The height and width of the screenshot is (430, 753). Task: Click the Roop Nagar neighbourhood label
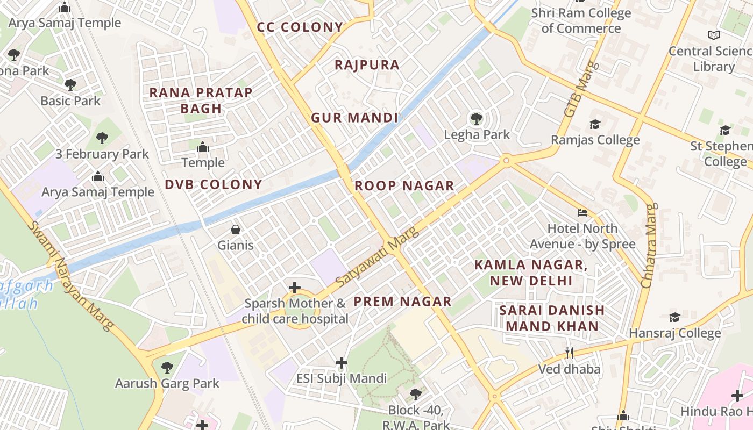[x=404, y=186]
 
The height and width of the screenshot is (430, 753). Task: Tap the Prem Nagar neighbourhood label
[x=402, y=302]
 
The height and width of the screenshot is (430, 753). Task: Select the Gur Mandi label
[x=354, y=118]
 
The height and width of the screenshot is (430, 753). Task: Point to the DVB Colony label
[x=214, y=184]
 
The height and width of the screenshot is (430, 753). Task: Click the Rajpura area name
[x=367, y=65]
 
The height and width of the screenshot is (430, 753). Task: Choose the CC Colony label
[x=300, y=27]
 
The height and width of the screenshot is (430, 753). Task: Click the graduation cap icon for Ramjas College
[x=595, y=125]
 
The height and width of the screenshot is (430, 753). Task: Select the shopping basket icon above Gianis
[x=236, y=230]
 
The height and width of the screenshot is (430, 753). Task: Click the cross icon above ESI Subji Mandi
[x=342, y=363]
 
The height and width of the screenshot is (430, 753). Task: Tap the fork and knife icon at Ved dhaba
[x=570, y=353]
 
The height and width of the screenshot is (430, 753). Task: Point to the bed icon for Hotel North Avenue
[x=582, y=213]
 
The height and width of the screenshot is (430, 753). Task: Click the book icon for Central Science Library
[x=714, y=35]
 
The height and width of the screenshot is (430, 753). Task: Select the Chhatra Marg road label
[x=650, y=245]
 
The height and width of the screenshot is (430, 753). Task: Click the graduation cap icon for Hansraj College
[x=674, y=317]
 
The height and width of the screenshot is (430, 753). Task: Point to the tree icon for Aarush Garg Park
[x=167, y=368]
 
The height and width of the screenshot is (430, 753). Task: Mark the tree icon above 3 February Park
[x=102, y=138]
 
